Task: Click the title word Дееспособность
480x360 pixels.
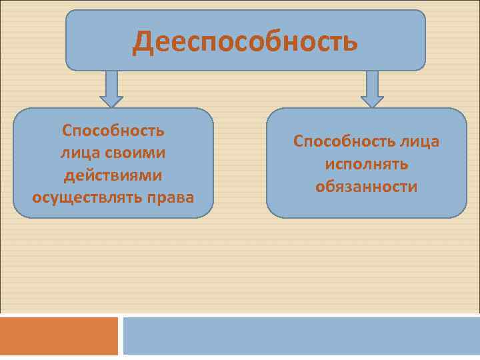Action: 245,41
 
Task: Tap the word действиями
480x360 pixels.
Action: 113,175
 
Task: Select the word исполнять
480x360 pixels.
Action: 367,164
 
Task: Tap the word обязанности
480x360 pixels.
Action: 367,187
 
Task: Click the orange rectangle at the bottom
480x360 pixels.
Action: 59,336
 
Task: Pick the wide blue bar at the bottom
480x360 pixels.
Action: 301,336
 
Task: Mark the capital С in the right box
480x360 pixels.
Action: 299,141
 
